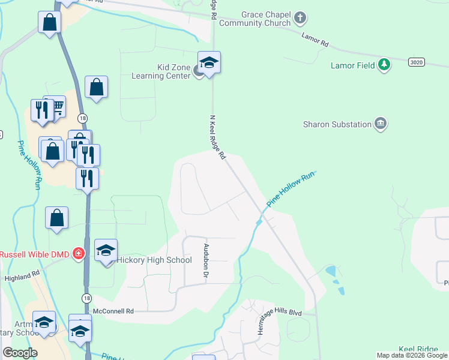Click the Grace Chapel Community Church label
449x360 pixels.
click(x=258, y=19)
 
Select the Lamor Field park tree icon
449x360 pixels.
click(x=384, y=65)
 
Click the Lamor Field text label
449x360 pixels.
click(x=353, y=65)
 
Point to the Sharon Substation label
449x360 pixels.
click(x=337, y=124)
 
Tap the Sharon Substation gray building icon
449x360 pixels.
click(x=380, y=124)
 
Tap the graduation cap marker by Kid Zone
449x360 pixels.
click(x=209, y=63)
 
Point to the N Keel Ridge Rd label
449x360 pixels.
click(x=217, y=137)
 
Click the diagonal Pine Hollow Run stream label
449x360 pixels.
click(x=291, y=190)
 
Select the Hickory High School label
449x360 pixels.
click(x=154, y=260)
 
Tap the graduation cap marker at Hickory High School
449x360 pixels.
click(x=106, y=250)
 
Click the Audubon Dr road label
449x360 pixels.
click(x=206, y=259)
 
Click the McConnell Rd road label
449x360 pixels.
click(x=113, y=311)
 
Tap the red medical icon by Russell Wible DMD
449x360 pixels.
click(x=78, y=254)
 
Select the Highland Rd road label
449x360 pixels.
click(x=22, y=275)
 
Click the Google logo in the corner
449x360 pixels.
click(x=20, y=353)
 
